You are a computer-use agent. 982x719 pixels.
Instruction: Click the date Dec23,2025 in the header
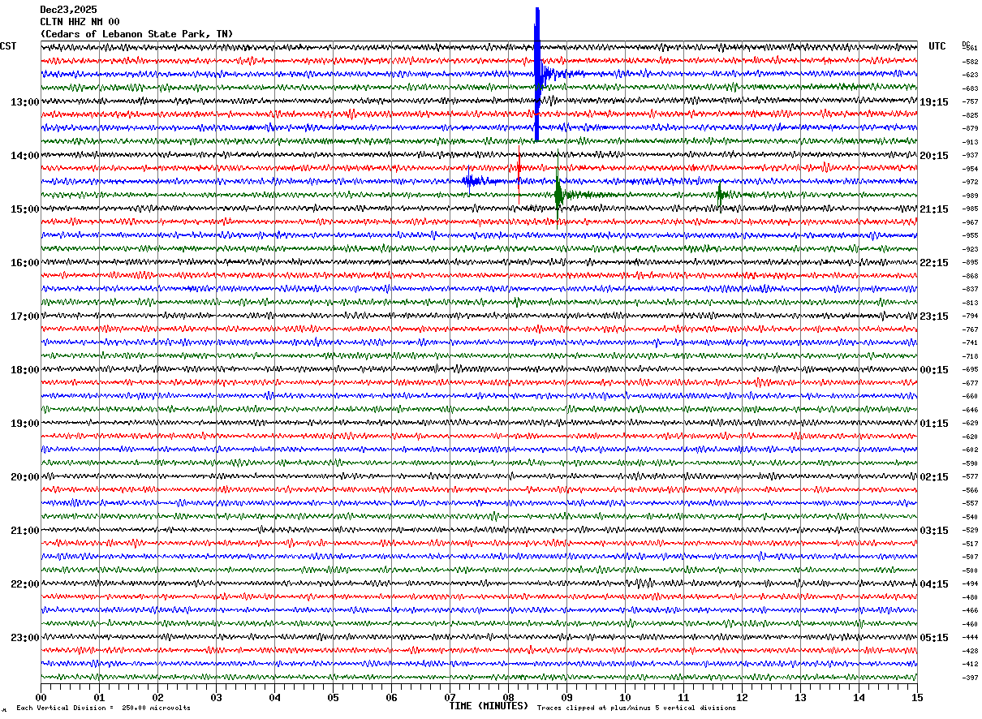[68, 10]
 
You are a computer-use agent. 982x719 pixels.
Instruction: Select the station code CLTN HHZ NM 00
[80, 22]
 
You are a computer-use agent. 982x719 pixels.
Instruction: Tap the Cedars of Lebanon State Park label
[136, 34]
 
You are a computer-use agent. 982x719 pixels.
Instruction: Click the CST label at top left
[8, 46]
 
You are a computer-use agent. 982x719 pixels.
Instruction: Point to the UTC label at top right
[937, 46]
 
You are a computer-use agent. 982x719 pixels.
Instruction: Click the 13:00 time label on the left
[24, 102]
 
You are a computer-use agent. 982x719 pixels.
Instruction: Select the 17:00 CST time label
[24, 316]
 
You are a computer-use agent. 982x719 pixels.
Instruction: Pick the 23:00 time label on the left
[24, 638]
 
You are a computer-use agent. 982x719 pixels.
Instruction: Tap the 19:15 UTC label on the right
[934, 102]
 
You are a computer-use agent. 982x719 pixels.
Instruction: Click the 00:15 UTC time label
[934, 370]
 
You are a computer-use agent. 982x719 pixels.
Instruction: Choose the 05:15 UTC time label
[934, 638]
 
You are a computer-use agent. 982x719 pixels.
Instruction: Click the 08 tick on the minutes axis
[509, 697]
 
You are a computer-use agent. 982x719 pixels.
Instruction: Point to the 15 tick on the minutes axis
[917, 697]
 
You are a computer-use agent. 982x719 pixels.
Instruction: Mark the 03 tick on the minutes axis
[217, 697]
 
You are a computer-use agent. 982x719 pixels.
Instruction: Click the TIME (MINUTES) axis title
[489, 706]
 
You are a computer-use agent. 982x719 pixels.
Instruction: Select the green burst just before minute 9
[558, 194]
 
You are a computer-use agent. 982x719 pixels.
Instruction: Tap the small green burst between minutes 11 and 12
[720, 193]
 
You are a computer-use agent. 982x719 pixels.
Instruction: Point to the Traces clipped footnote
[636, 708]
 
